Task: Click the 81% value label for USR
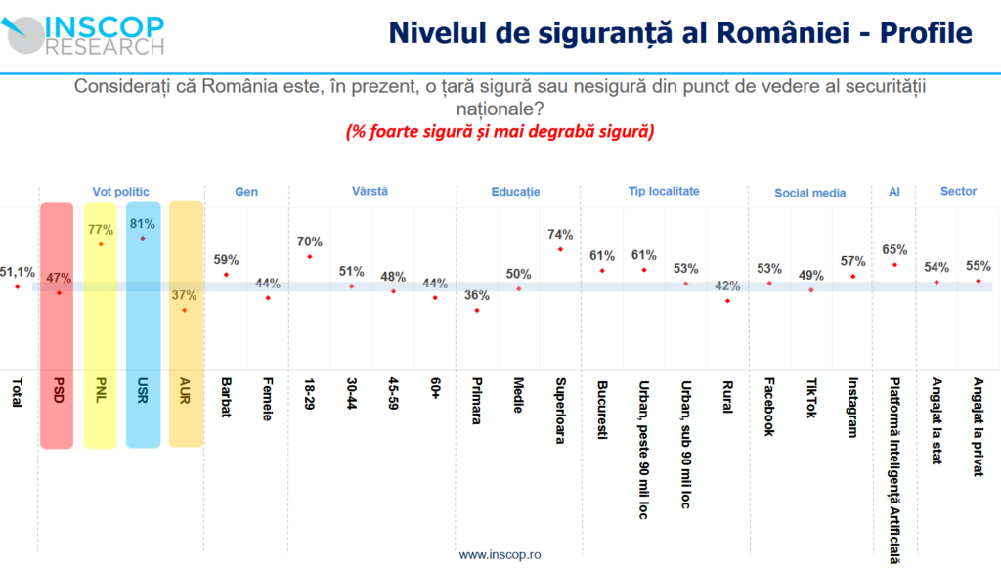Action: coord(143,224)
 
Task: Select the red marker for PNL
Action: coord(101,243)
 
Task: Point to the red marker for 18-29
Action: coord(310,257)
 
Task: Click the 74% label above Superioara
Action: coord(560,235)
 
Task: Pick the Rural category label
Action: coord(726,396)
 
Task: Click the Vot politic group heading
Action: coord(120,192)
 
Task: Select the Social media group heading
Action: coord(809,193)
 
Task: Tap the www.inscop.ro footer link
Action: coord(500,554)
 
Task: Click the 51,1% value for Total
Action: coord(18,272)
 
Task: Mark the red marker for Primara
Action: coord(476,311)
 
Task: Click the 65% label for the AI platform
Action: coord(893,250)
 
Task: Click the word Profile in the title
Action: coord(926,32)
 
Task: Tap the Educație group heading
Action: coord(515,192)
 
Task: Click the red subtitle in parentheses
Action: coord(500,131)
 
